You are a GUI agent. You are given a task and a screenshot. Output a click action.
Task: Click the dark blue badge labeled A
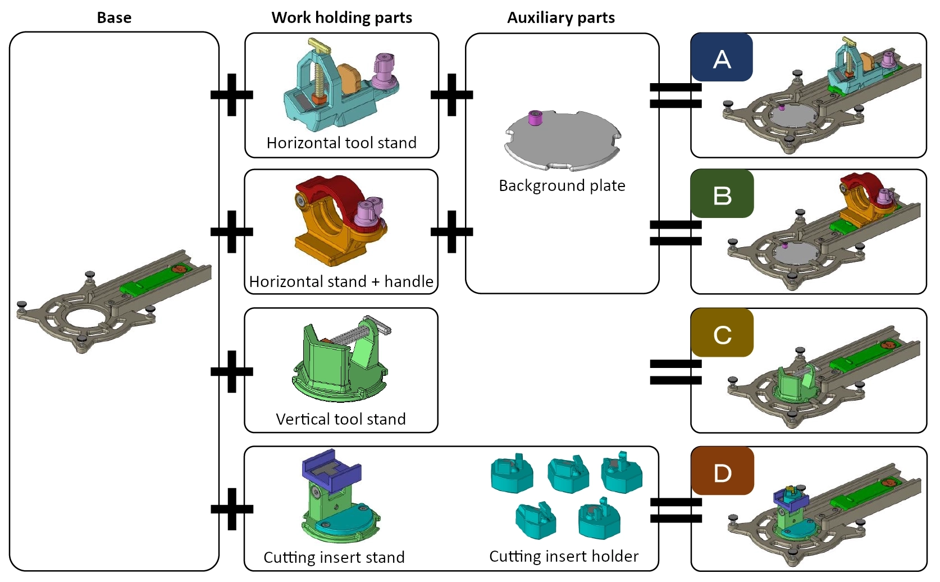coord(722,57)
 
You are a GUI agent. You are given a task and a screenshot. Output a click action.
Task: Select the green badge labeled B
coord(722,194)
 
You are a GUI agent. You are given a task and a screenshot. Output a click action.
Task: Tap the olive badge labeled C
coord(722,333)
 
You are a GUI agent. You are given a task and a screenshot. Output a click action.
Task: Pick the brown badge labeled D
coord(722,471)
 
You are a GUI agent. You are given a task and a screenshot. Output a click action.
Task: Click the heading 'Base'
coord(114,17)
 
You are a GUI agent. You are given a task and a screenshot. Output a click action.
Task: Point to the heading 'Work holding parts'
coord(341,17)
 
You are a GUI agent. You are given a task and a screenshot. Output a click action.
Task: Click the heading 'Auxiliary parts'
coord(561,17)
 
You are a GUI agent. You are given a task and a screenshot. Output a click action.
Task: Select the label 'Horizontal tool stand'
coord(341,143)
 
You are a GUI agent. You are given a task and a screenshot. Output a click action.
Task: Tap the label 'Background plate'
coord(562,185)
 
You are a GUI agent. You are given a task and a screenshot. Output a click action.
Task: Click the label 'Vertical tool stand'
coord(341,419)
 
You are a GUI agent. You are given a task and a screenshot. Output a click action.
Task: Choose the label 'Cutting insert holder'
coord(564,556)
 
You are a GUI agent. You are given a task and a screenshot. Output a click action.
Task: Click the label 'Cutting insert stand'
coord(334,557)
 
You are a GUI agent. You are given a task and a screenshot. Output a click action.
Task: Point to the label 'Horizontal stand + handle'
coord(341,281)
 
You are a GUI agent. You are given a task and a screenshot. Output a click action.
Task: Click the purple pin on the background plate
coord(535,117)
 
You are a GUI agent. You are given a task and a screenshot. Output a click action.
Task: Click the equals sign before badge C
coord(676,372)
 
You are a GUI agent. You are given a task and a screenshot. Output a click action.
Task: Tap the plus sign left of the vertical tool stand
coord(232,371)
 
